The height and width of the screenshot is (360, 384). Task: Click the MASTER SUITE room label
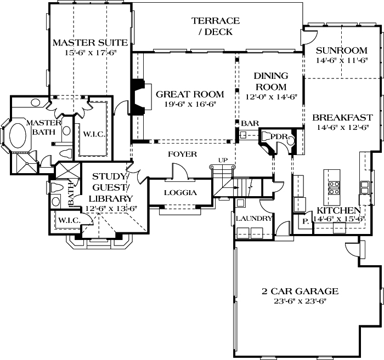pos(90,42)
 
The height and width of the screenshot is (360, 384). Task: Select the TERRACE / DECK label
pos(216,26)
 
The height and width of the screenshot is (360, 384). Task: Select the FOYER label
pos(182,155)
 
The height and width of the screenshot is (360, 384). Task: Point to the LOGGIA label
pos(180,193)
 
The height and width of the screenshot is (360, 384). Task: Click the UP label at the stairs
pos(223,160)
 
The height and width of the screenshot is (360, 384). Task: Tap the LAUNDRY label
pos(254,218)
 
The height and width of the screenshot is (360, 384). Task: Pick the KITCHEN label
pos(338,210)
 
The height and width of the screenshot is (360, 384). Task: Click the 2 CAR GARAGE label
pos(300,291)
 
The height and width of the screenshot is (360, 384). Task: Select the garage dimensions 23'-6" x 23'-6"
pos(300,301)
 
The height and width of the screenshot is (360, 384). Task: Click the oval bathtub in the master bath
pos(20,135)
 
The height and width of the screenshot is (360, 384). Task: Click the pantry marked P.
pos(304,221)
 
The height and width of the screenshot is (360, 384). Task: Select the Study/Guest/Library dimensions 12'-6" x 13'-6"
pos(112,208)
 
